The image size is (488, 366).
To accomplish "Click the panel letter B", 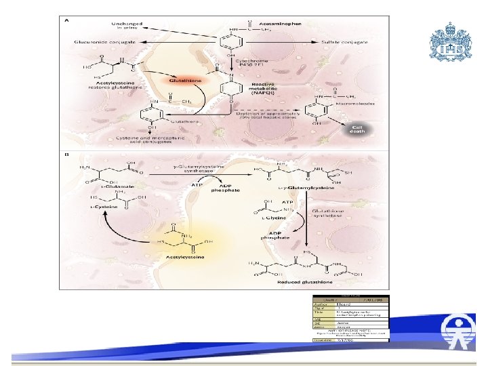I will [x=66, y=156].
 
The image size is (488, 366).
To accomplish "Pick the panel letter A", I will [x=66, y=20].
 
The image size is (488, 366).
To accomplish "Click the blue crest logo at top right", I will [x=449, y=41].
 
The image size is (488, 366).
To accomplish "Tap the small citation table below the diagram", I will [x=350, y=315].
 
